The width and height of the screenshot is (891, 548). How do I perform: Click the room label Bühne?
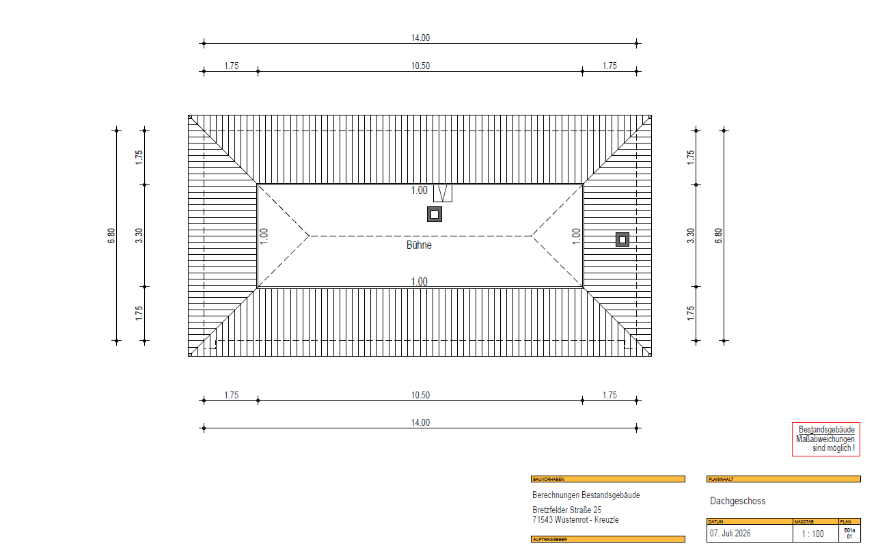pos(419,245)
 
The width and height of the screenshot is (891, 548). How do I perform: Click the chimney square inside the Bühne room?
pos(435,215)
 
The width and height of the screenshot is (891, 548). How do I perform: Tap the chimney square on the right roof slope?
pos(622,240)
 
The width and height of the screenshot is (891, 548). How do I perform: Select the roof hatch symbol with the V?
pos(443,193)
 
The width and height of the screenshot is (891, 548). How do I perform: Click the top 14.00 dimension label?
pos(420,38)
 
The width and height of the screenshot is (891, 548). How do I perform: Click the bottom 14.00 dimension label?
pos(420,422)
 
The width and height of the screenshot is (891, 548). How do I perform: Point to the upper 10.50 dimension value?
pos(420,66)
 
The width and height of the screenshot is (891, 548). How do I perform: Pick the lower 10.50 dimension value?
pos(420,395)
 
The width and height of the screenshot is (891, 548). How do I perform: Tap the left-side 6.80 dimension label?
pos(111,236)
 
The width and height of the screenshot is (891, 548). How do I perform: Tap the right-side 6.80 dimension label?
pos(718,236)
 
